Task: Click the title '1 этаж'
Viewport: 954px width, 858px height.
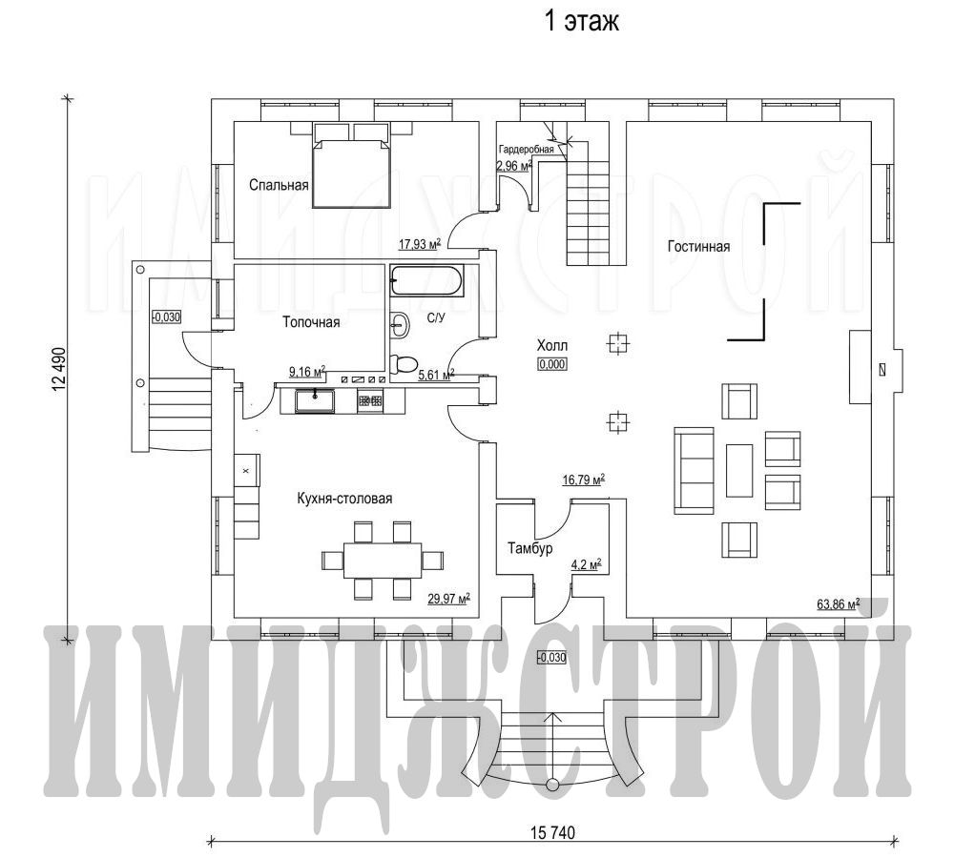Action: point(581,22)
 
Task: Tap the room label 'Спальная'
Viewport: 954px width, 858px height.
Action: point(279,185)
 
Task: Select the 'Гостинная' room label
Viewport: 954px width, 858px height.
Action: point(698,246)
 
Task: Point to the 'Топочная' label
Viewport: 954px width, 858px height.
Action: point(311,321)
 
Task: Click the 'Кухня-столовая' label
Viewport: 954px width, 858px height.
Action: point(344,499)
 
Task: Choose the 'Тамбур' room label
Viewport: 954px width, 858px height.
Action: point(529,548)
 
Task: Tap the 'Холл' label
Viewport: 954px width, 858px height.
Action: point(551,345)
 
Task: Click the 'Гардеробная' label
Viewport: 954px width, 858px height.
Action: point(527,149)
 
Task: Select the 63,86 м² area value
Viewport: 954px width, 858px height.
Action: point(839,603)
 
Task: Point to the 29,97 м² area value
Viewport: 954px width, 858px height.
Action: point(449,599)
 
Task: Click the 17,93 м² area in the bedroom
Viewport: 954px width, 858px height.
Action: point(420,244)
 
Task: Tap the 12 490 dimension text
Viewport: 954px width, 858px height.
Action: point(59,370)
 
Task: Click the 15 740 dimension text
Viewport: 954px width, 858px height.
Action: point(552,832)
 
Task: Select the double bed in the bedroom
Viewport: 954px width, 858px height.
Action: point(351,166)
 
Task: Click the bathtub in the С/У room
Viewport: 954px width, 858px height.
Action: point(426,281)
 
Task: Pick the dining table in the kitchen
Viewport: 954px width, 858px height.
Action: point(383,560)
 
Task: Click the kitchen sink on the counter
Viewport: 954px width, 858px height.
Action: point(315,401)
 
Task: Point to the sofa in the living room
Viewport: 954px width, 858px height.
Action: point(694,470)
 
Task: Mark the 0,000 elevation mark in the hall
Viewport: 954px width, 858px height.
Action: point(551,364)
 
